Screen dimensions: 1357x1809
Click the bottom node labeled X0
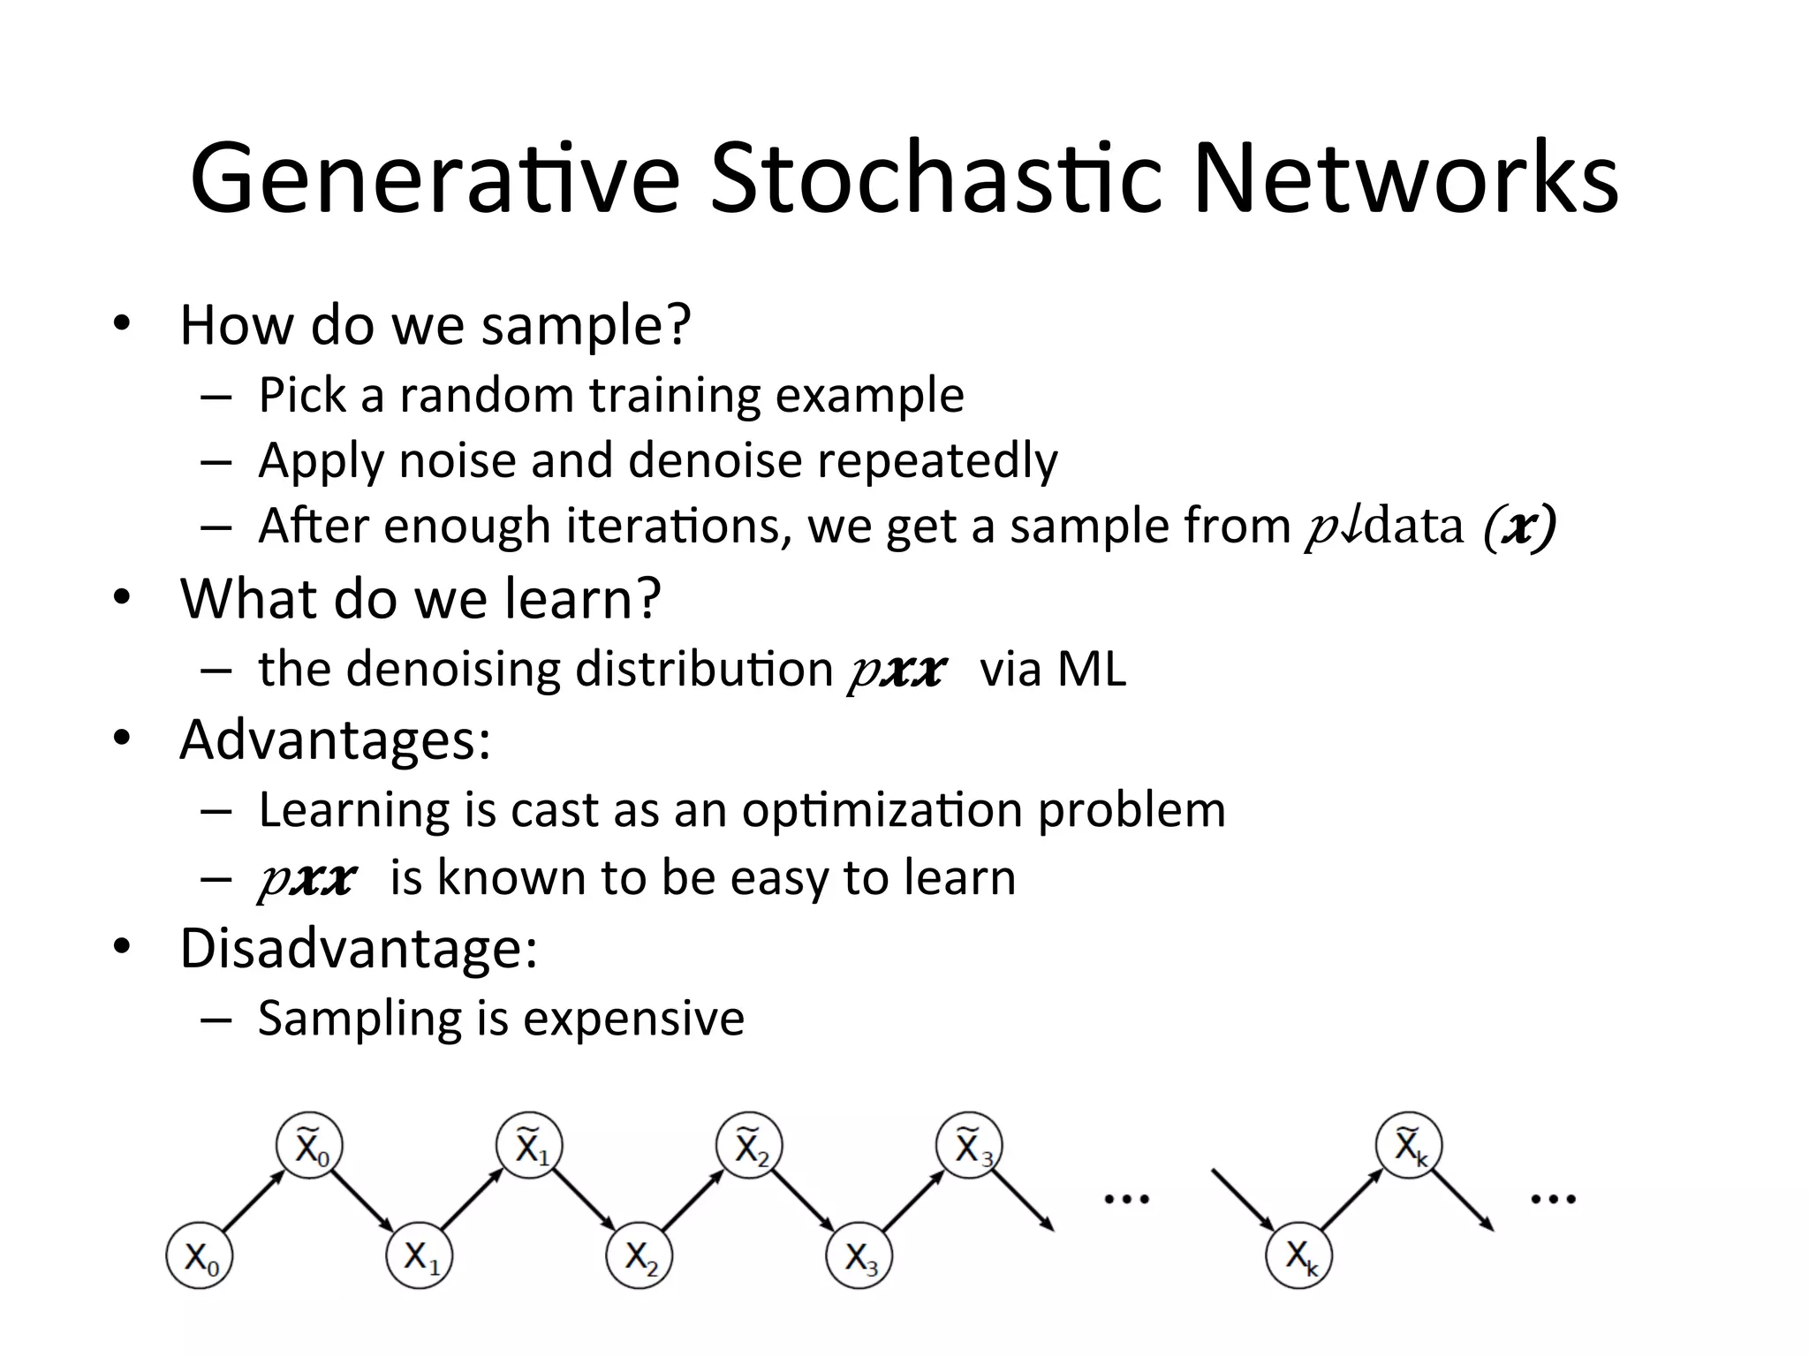200,1255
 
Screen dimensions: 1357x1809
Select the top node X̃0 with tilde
309,1147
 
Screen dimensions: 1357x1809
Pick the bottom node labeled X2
640,1255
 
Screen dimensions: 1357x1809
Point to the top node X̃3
970,1147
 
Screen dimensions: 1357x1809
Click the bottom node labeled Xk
1298,1255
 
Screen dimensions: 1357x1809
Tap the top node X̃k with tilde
1408,1147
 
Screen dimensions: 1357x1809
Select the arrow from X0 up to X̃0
254,1200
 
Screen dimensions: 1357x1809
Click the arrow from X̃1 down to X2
584,1200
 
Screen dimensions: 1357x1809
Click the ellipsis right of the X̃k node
1553,1200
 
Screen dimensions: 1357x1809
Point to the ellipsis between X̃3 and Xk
1127,1200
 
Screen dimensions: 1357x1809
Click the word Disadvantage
358,949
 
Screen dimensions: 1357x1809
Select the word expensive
633,1018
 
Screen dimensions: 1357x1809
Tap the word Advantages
334,739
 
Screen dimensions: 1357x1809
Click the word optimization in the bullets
882,809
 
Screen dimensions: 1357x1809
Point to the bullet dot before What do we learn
122,598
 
